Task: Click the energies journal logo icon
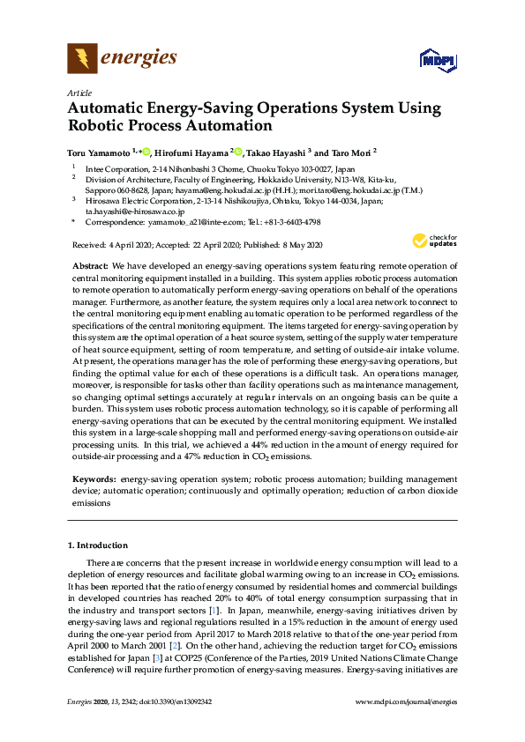[83, 59]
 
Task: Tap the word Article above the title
[79, 93]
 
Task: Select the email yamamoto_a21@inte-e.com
[188, 224]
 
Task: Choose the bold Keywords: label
[94, 477]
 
